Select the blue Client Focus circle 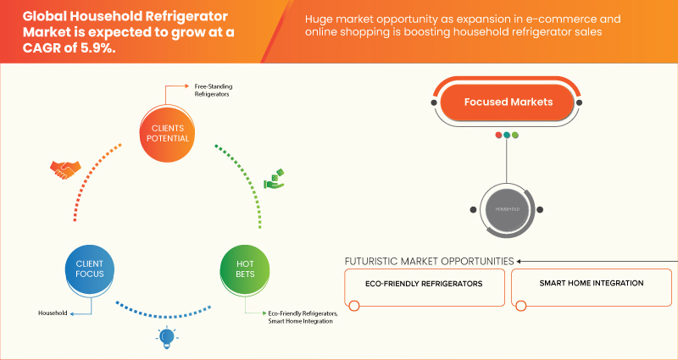(84, 269)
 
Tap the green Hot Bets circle (246, 269)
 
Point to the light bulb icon (165, 338)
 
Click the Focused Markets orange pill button (508, 102)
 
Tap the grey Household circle (507, 208)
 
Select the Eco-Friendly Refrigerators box (425, 284)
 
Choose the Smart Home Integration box (591, 283)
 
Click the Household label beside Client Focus (52, 313)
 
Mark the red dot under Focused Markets (499, 135)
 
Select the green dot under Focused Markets (514, 135)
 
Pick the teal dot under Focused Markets (507, 135)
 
